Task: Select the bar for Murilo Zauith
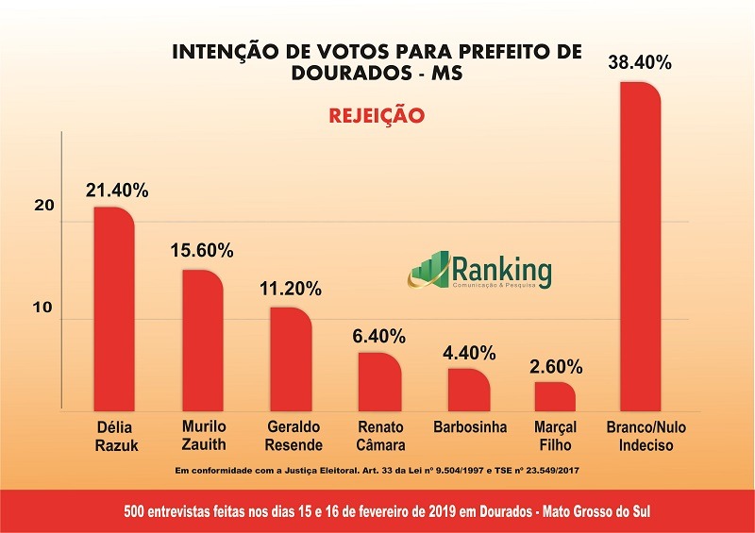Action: pos(202,341)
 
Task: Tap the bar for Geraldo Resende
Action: pos(291,359)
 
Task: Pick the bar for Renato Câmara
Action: pos(379,382)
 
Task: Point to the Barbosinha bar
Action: pos(468,390)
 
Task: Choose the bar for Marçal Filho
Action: pos(555,396)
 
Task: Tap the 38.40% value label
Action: pos(640,63)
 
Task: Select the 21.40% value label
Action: pos(116,191)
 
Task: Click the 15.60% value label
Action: pos(202,252)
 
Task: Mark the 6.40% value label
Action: pos(379,336)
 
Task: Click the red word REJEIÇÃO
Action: pos(377,117)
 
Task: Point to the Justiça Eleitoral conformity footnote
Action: pos(377,469)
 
